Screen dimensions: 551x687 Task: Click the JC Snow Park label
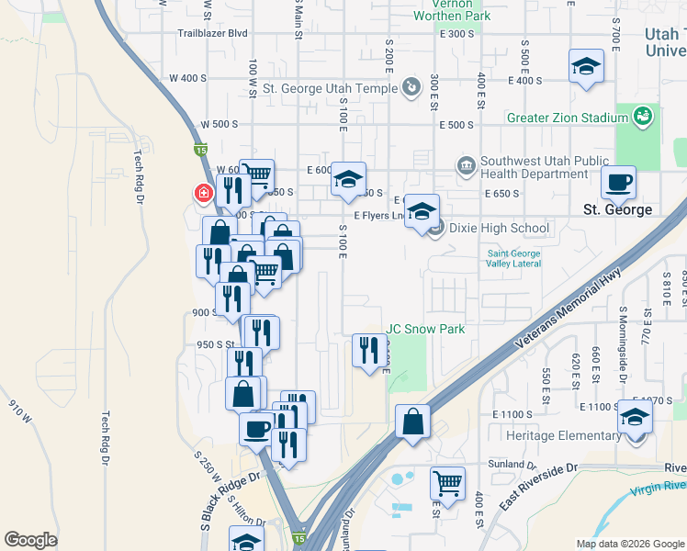(x=425, y=329)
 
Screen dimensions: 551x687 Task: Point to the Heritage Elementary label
(x=562, y=435)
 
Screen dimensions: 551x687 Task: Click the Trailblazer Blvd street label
(x=213, y=33)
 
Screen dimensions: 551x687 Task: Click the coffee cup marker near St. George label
(x=618, y=183)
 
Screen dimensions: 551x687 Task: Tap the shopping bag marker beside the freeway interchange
(x=413, y=423)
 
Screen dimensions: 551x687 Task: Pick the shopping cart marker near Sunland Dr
(x=447, y=482)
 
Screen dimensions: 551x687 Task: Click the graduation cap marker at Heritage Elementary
(x=635, y=418)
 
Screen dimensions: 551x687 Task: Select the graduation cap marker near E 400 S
(x=586, y=67)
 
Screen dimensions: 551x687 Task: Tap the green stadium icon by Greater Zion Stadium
(x=644, y=117)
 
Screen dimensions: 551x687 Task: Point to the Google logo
(x=30, y=540)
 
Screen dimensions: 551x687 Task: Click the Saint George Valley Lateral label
(x=513, y=259)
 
